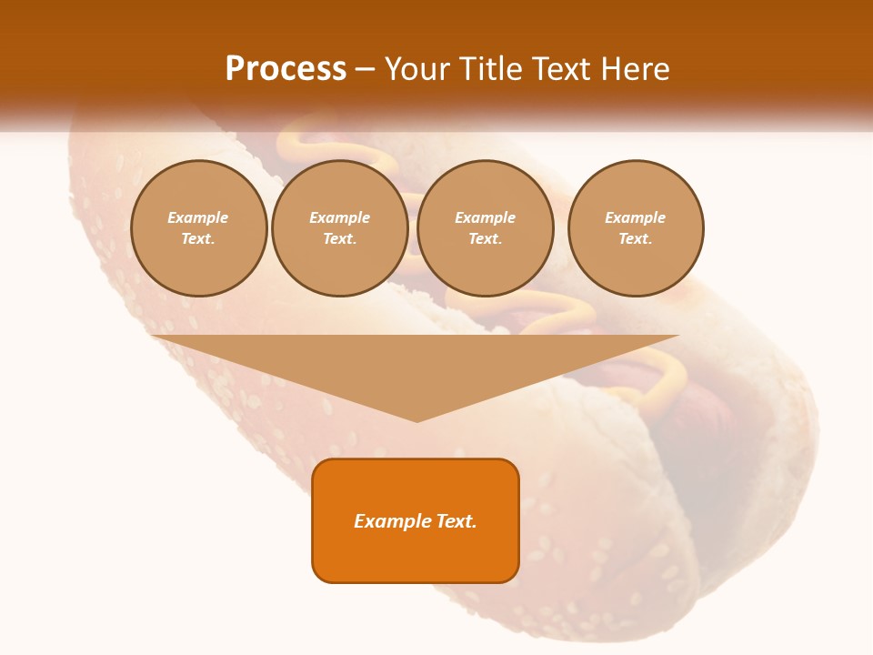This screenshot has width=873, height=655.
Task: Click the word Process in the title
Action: pyautogui.click(x=286, y=68)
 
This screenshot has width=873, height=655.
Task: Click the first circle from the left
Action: pyautogui.click(x=198, y=228)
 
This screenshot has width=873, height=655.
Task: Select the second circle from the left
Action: pyautogui.click(x=339, y=228)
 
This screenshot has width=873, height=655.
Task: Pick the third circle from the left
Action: pyautogui.click(x=485, y=228)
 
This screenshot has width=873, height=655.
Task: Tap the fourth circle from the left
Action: pyautogui.click(x=635, y=228)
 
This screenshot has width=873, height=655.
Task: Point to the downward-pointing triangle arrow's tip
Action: pyautogui.click(x=416, y=420)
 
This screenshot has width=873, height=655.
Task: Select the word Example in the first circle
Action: pyautogui.click(x=198, y=217)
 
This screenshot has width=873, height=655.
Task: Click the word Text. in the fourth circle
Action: pyautogui.click(x=635, y=238)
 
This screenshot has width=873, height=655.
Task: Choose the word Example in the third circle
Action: pyautogui.click(x=485, y=217)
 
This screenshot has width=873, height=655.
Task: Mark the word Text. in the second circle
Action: pyautogui.click(x=339, y=238)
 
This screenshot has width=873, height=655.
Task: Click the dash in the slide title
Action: pyautogui.click(x=366, y=68)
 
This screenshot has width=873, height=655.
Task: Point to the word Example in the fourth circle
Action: pyautogui.click(x=635, y=217)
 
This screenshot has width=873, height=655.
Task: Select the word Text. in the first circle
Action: pyautogui.click(x=198, y=238)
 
